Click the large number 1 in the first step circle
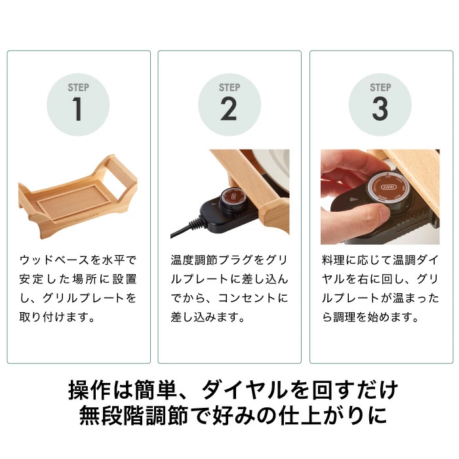pyautogui.click(x=77, y=109)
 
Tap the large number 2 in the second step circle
pyautogui.click(x=229, y=109)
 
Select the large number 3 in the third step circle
pyautogui.click(x=380, y=109)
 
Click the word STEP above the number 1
pyautogui.click(x=79, y=87)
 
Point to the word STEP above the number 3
pyautogui.click(x=380, y=87)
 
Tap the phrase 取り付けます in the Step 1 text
pyautogui.click(x=54, y=317)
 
